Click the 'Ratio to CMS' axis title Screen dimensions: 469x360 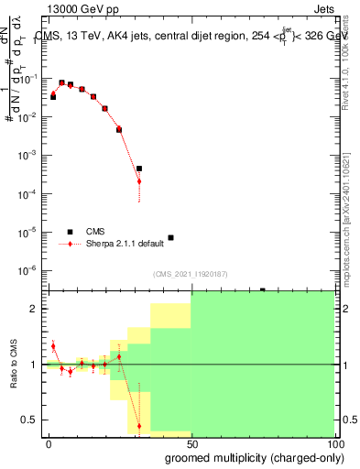(14, 365)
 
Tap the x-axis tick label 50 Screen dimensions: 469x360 (191, 442)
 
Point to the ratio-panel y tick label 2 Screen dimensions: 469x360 (35, 309)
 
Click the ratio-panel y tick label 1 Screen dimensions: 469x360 (35, 365)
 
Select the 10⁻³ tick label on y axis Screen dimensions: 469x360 (29, 155)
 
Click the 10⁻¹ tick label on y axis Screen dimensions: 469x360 (29, 79)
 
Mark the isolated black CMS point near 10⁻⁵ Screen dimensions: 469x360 (170, 237)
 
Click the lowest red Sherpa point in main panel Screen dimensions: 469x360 (139, 181)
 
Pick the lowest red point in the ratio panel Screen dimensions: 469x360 (139, 426)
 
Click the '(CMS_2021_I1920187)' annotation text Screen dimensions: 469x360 (190, 274)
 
